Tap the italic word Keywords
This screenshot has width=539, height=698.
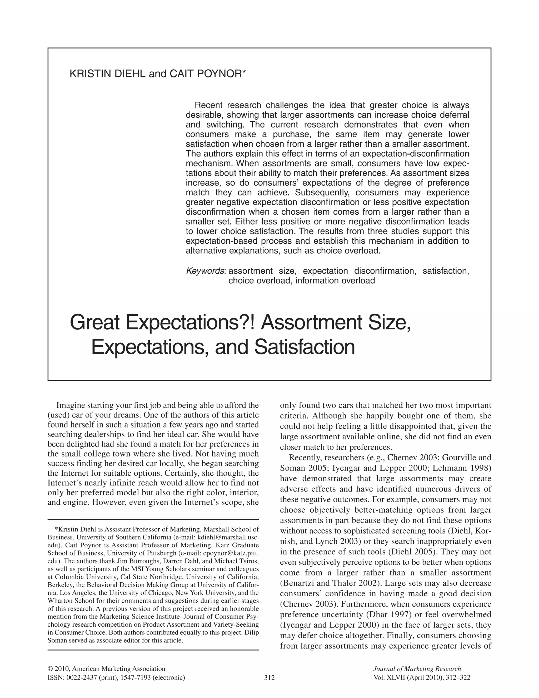pyautogui.click(x=205, y=271)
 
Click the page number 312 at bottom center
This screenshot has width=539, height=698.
pyautogui.click(x=269, y=677)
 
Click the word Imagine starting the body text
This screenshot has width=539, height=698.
pyautogui.click(x=69, y=406)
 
